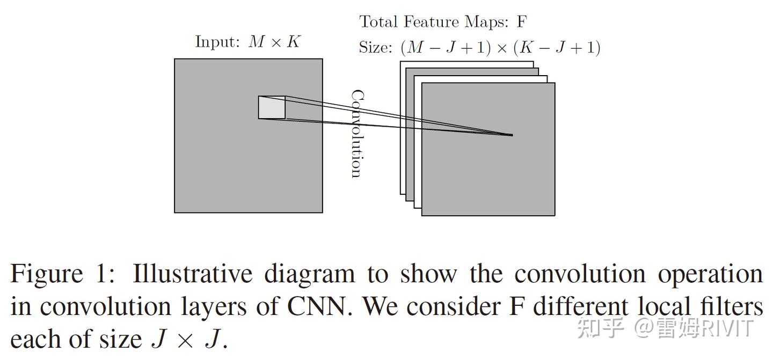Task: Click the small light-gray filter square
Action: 272,107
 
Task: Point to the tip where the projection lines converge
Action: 512,135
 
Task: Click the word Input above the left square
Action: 217,42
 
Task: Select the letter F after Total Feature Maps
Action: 521,22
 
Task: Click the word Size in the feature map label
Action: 375,48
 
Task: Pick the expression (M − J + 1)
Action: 446,48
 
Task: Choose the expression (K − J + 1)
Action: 557,48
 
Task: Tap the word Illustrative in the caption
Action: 192,274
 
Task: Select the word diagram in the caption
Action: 309,275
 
